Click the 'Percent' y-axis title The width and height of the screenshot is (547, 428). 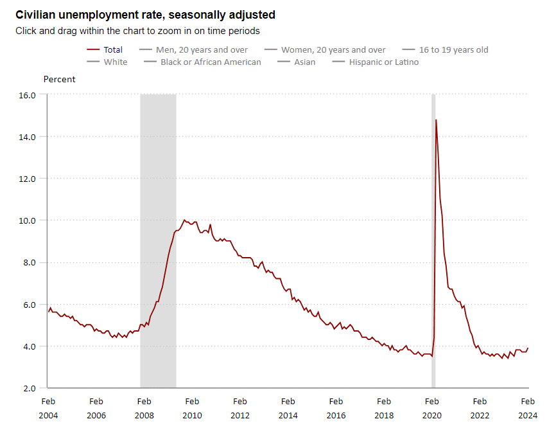point(59,80)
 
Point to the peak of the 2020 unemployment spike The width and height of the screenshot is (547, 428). point(436,120)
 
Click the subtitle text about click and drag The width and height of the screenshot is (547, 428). point(137,30)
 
